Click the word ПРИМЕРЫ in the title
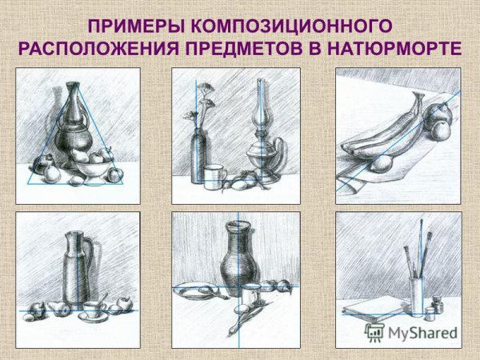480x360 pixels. pos(136,26)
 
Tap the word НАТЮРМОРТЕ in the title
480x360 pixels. pos(394,49)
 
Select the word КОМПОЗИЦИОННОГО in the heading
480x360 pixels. pos(292,26)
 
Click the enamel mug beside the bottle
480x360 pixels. pos(214,177)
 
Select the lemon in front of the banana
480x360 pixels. pos(381,164)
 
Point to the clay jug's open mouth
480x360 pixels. pos(238,225)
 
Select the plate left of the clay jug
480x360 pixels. pos(192,291)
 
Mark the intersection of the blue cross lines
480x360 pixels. pos(238,287)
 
